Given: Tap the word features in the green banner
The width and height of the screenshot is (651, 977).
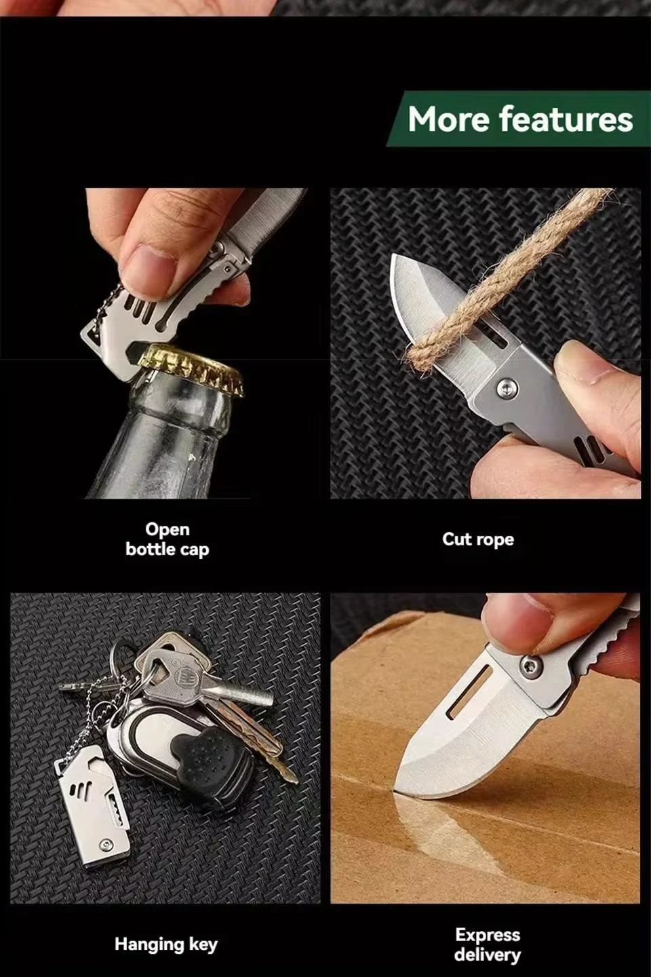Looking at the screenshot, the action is coord(566,119).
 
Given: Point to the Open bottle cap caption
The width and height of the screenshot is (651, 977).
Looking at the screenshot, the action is coord(167,539).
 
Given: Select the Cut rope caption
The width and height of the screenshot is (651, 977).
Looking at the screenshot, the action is coord(478,539).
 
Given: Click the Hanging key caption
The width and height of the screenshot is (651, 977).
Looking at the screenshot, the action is coord(166,945).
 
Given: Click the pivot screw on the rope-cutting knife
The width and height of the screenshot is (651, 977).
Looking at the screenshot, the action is coord(507,388).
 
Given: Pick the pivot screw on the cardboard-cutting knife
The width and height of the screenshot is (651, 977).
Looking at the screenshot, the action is coord(532,666).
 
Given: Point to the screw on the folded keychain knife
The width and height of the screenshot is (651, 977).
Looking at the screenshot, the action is coord(106,845).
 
